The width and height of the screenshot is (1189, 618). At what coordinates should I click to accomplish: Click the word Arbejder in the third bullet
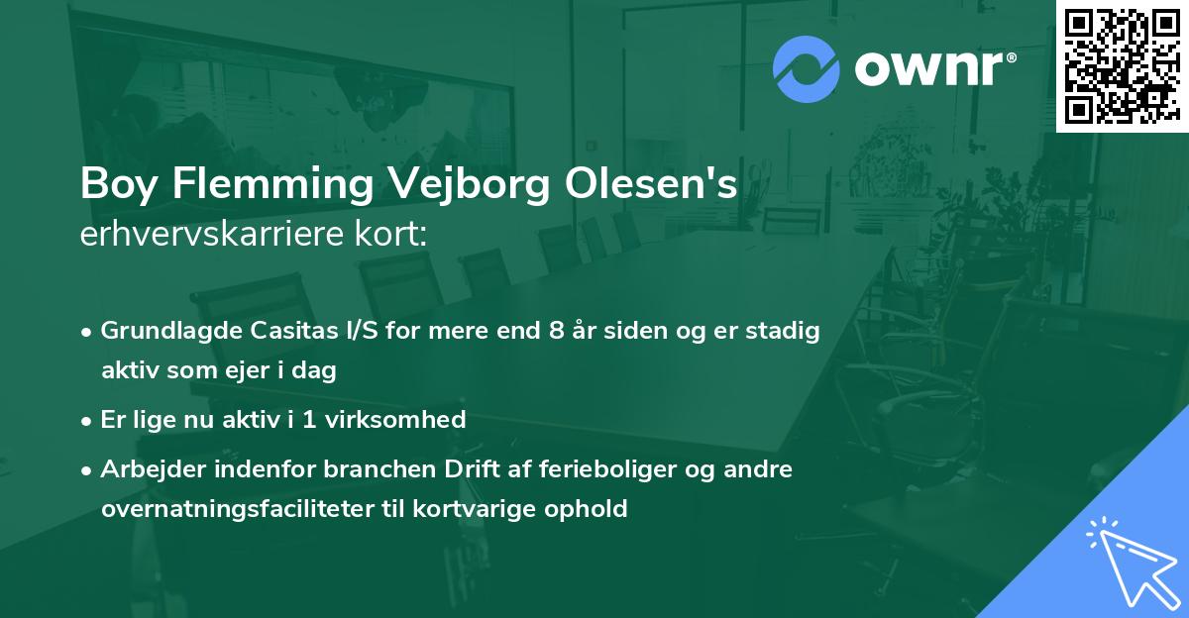146,468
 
